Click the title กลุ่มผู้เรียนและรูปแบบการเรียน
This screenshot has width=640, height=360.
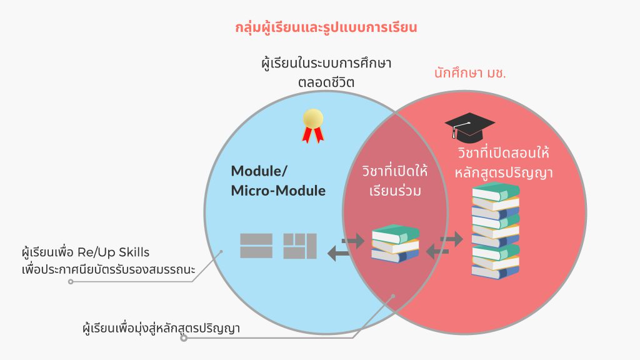tap(326, 28)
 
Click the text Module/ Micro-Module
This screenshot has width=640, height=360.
tap(278, 181)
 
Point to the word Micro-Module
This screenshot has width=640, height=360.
tap(278, 191)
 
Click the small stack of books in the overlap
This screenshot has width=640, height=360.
tap(395, 243)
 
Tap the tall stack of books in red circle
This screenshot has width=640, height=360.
tap(496, 231)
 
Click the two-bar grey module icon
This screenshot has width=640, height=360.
tap(256, 246)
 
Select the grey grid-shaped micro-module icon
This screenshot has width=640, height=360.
tap(300, 246)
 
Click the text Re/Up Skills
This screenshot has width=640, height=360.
tap(113, 252)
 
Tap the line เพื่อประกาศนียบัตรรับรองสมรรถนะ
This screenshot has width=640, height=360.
tap(108, 269)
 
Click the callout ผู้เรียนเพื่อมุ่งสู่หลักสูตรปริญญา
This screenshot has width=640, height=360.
tap(161, 327)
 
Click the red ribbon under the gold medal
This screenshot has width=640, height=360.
tap(313, 134)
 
